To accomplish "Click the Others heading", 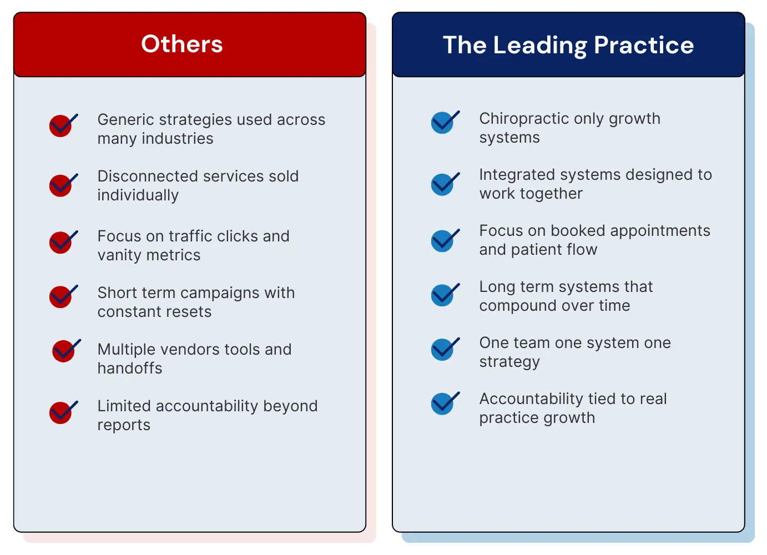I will point(182,44).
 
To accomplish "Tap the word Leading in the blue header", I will point(539,46).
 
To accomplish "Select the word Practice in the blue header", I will point(644,46).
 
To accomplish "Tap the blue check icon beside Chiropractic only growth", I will point(444,123).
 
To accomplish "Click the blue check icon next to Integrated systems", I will point(444,184).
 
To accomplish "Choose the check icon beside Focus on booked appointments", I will point(444,241).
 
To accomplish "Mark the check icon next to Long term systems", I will point(444,295).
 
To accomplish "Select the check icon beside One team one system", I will point(444,350).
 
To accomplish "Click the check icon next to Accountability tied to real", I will point(444,403).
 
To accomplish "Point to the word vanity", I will point(120,255).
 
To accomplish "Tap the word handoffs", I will point(130,369).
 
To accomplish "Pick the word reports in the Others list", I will point(124,425).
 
